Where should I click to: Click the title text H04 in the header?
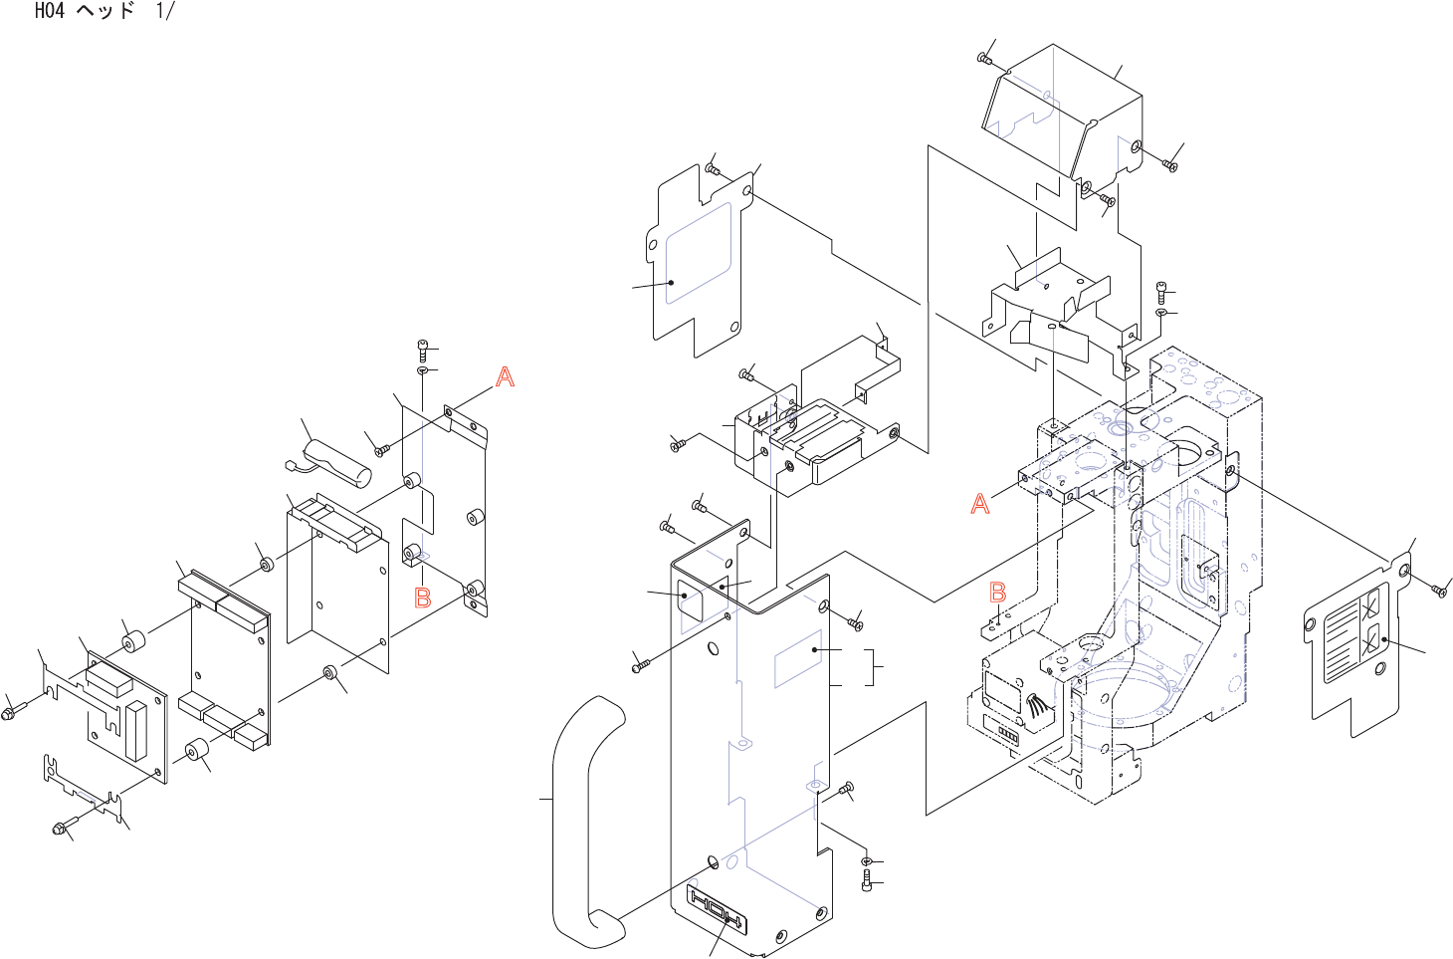(50, 12)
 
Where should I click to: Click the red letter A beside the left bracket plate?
(506, 377)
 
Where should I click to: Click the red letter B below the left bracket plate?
(423, 598)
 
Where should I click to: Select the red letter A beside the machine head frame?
(980, 504)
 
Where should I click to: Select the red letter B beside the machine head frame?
(998, 593)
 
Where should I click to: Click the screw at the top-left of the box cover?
(984, 59)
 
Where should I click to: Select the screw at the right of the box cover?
(1169, 165)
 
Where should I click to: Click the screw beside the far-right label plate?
(1438, 591)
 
